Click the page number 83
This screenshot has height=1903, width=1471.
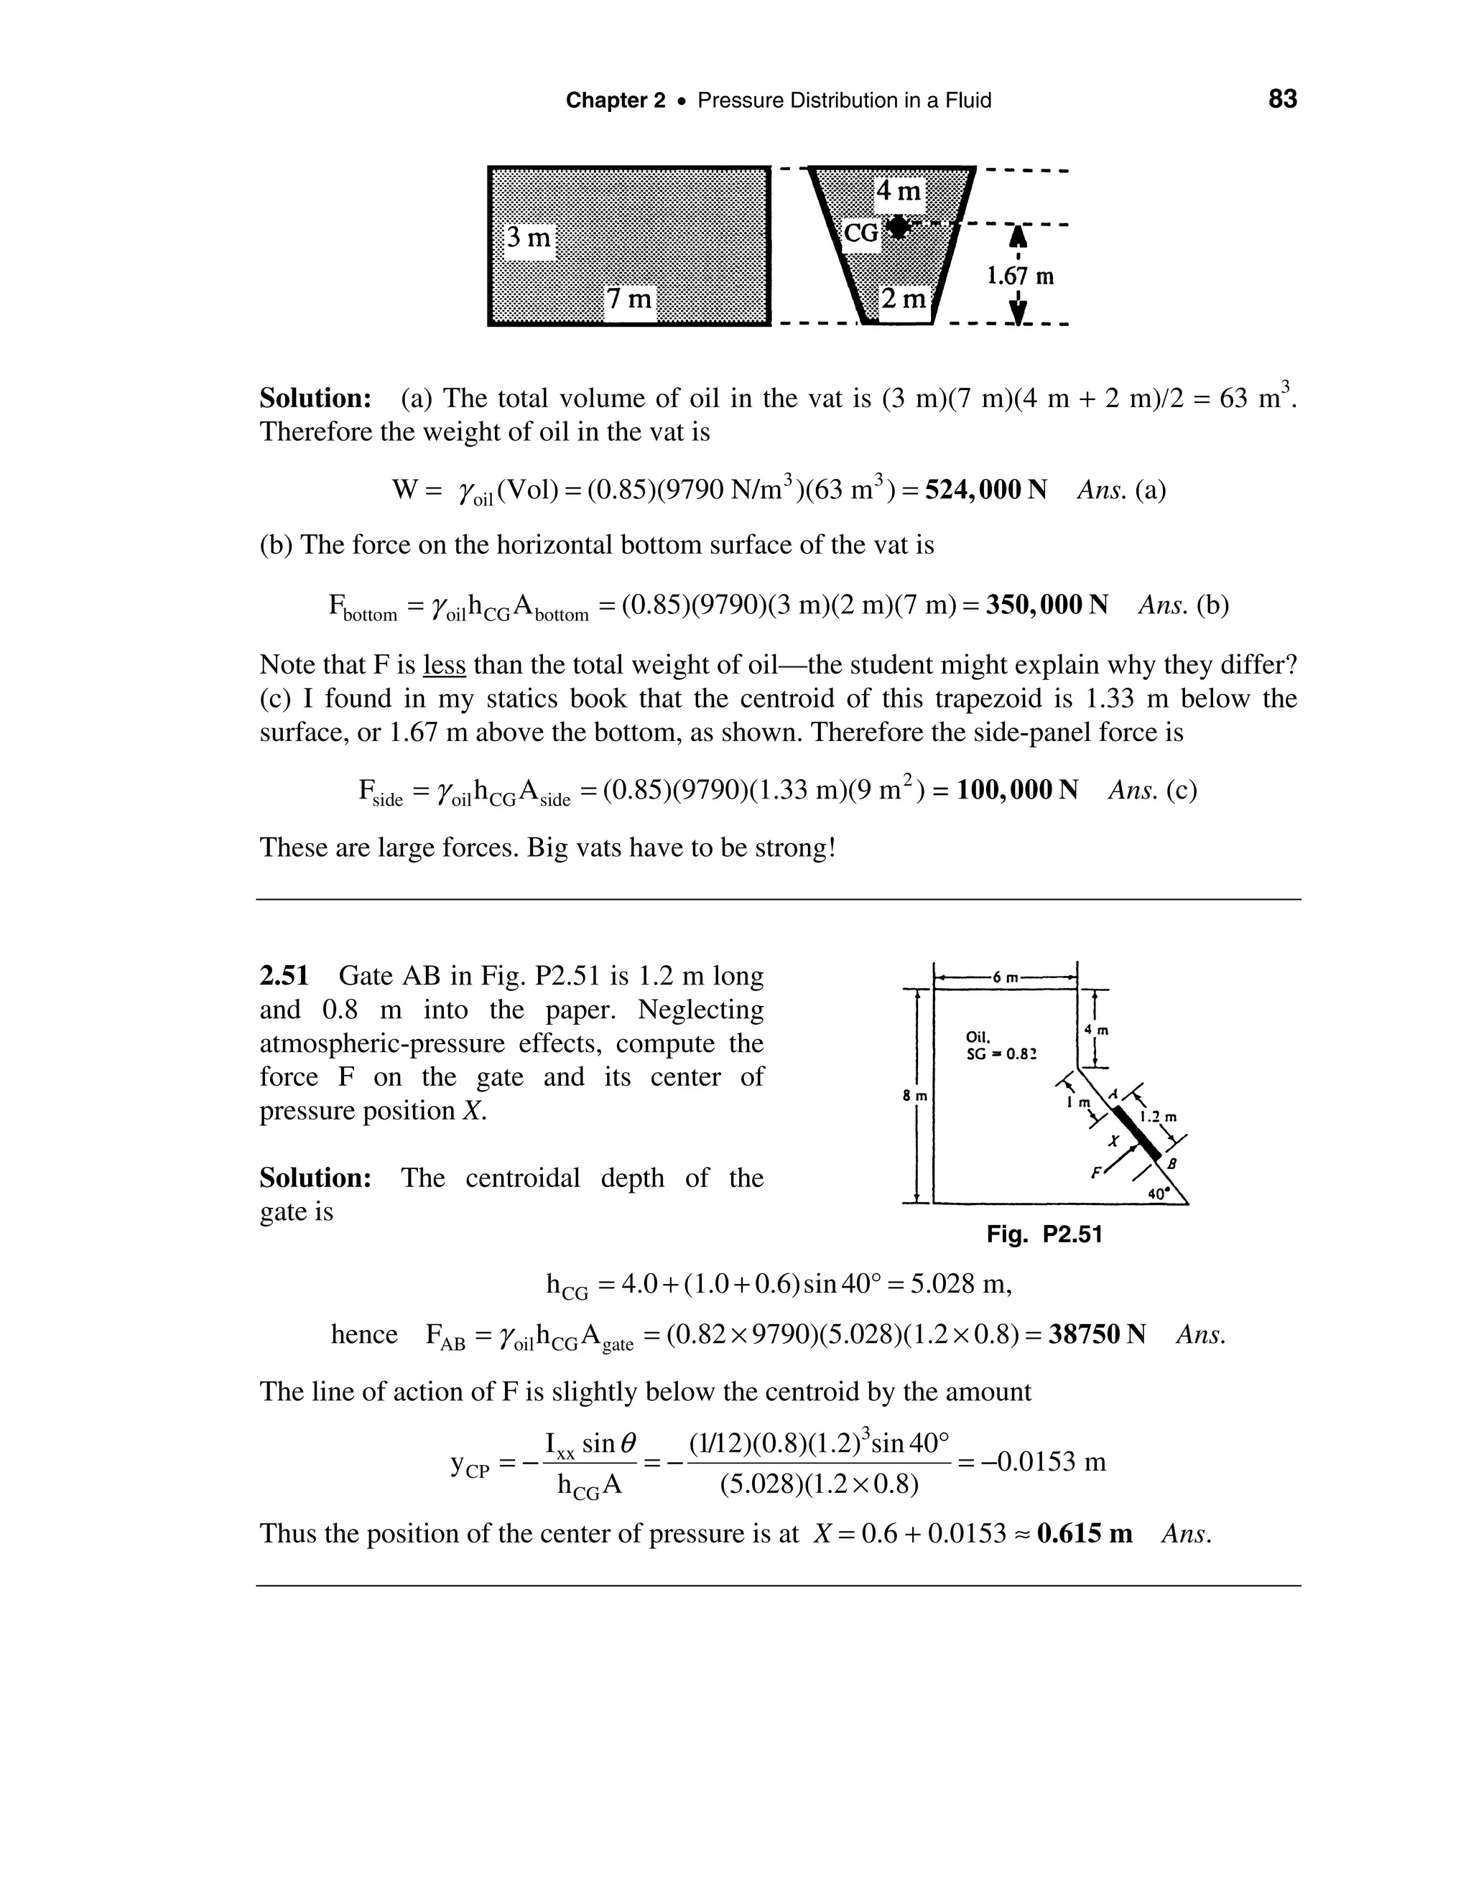(1282, 99)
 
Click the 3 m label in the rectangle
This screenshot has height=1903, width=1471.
(529, 237)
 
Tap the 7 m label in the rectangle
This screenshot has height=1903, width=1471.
(629, 299)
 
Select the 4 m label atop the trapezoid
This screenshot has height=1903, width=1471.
(899, 191)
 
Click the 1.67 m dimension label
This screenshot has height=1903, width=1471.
(1020, 276)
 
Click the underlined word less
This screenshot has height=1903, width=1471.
(445, 666)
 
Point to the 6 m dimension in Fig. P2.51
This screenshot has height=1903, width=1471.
(1005, 977)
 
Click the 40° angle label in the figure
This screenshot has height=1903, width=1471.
(1157, 1195)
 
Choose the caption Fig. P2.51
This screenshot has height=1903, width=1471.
(1044, 1234)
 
